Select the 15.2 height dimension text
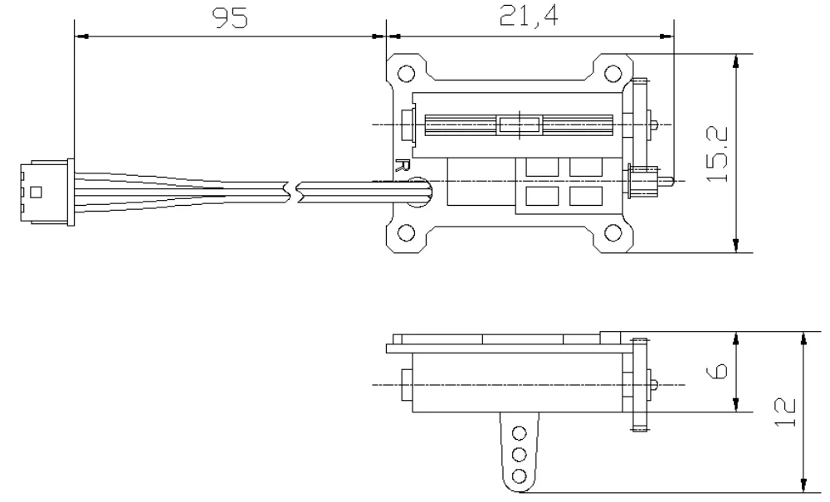click(718, 154)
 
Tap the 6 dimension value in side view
click(719, 371)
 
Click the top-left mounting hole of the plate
click(407, 71)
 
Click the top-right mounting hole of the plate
click(613, 71)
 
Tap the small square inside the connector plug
click(35, 193)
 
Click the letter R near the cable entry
click(403, 165)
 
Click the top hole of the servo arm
click(520, 433)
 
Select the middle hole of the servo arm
click(520, 454)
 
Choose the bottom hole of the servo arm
click(520, 475)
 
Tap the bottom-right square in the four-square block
click(586, 197)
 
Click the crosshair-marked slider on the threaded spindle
click(519, 125)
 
